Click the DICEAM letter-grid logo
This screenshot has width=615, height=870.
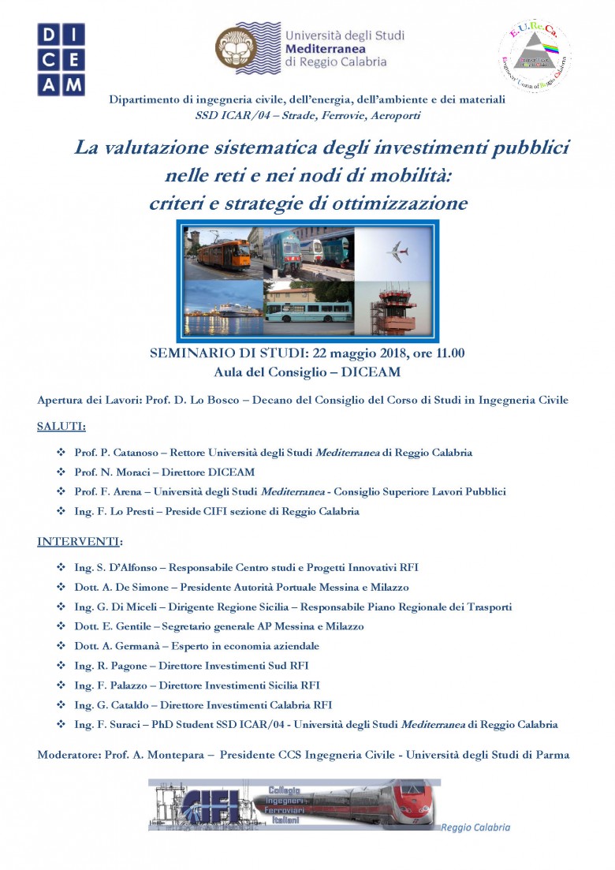[61, 60]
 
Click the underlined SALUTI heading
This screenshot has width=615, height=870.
[61, 427]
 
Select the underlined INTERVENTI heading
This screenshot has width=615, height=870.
[79, 542]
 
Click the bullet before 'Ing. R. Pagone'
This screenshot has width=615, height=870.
[61, 666]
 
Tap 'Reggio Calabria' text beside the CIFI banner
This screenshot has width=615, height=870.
[475, 827]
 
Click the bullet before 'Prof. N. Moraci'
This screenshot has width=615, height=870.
[61, 472]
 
